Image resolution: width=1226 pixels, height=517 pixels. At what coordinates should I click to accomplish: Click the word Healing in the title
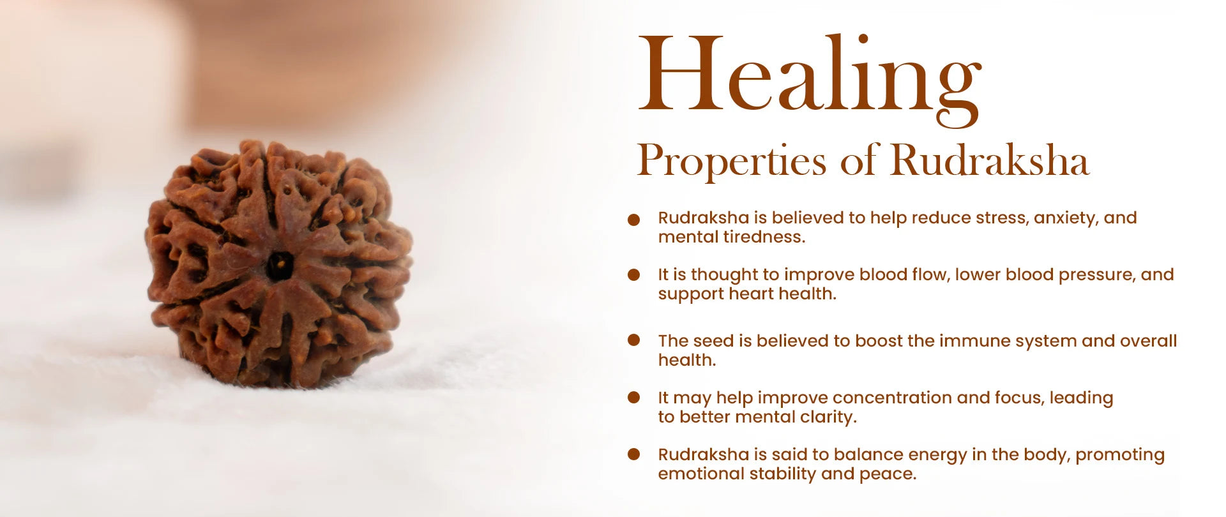(x=810, y=79)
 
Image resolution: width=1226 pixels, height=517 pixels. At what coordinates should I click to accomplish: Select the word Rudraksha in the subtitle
(x=990, y=160)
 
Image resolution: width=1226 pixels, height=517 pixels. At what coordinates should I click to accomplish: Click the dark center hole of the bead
(x=279, y=265)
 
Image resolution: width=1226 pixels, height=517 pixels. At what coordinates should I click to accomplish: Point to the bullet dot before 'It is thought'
(x=633, y=274)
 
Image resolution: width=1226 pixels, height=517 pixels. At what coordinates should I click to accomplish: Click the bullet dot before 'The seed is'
(x=633, y=340)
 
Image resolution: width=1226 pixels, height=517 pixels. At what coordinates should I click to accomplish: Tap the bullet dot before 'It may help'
(x=633, y=397)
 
